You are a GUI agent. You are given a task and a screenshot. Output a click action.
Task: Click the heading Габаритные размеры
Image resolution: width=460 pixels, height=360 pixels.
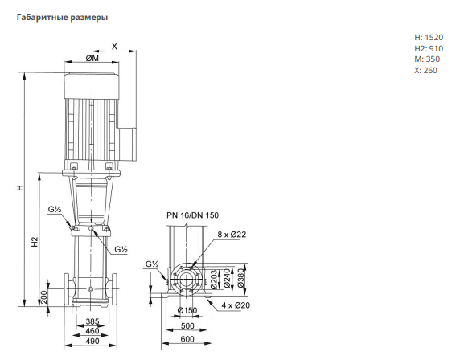tap(62, 18)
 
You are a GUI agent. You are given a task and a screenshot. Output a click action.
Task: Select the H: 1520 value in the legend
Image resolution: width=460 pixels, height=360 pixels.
tap(429, 38)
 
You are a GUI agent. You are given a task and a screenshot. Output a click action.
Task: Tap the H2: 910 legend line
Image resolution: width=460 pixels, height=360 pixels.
tap(429, 48)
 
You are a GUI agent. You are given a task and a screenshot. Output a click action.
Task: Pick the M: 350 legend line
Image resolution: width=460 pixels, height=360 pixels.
tap(427, 59)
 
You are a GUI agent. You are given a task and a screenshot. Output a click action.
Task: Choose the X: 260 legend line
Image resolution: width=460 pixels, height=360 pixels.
tap(425, 71)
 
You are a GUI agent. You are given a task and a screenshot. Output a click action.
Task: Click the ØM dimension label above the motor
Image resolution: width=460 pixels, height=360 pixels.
tap(92, 58)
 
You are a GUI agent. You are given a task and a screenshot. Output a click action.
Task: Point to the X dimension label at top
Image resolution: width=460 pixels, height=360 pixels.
tap(114, 47)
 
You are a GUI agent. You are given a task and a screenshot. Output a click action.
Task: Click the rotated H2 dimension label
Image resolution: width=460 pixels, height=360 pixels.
tap(35, 242)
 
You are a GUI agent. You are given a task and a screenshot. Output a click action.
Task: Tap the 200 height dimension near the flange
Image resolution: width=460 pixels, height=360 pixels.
tap(43, 297)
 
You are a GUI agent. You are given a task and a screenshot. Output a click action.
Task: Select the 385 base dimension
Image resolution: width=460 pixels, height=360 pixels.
tap(92, 321)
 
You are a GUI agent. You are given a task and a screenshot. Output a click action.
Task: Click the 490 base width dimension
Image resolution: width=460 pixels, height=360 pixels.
tap(92, 342)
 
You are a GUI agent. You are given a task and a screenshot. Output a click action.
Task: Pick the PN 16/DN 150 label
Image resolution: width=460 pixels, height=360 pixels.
tap(192, 215)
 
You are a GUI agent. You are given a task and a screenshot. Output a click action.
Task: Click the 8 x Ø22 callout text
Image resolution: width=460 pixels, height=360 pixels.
tap(232, 235)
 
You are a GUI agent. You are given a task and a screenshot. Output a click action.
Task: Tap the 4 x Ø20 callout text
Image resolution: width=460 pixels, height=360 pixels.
tap(236, 305)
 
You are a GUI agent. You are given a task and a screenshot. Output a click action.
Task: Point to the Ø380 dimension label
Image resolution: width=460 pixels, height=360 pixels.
tap(240, 277)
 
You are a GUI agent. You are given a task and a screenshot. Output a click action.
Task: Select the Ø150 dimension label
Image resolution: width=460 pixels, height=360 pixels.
tap(187, 310)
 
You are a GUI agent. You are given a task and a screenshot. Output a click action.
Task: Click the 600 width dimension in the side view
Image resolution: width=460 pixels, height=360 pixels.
tap(187, 339)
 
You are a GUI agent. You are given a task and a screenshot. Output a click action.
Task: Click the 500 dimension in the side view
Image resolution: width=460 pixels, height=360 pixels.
tap(187, 325)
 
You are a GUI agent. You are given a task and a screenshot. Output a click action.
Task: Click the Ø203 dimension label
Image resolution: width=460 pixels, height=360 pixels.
tap(214, 279)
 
